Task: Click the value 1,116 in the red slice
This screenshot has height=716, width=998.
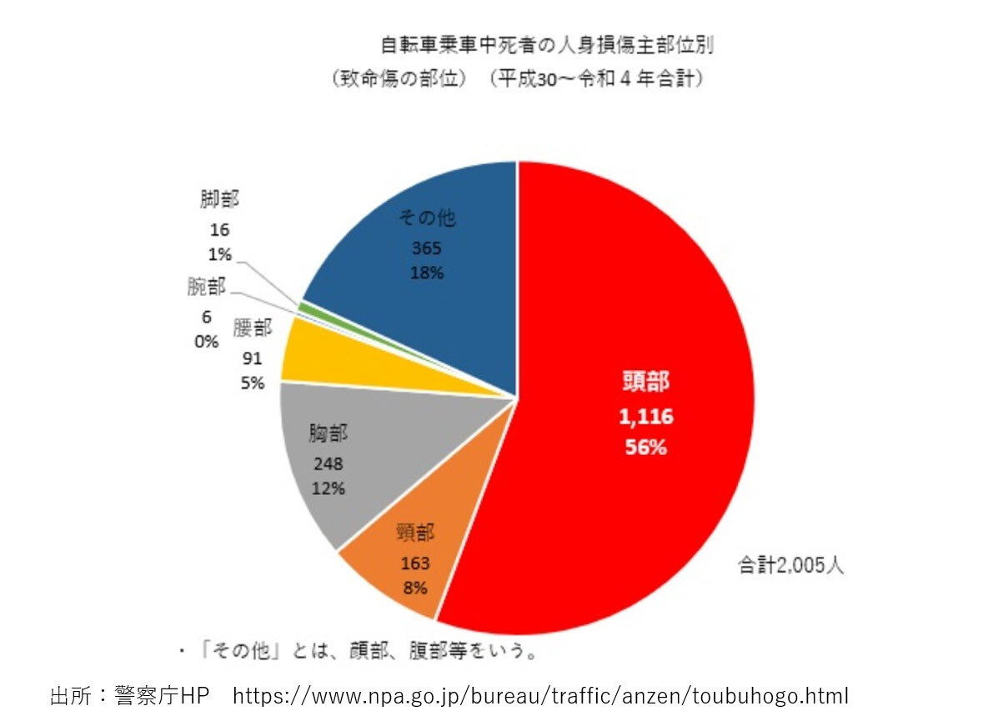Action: pyautogui.click(x=645, y=417)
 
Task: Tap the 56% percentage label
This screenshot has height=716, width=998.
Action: pyautogui.click(x=645, y=447)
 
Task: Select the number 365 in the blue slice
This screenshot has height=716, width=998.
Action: pyautogui.click(x=426, y=248)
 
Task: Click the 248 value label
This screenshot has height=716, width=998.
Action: pyautogui.click(x=328, y=463)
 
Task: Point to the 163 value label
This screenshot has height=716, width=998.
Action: pyautogui.click(x=414, y=564)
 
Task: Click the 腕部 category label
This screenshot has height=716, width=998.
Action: pyautogui.click(x=206, y=288)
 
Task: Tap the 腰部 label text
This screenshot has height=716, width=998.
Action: pyautogui.click(x=253, y=328)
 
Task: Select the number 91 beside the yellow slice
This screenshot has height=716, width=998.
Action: pyautogui.click(x=253, y=358)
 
